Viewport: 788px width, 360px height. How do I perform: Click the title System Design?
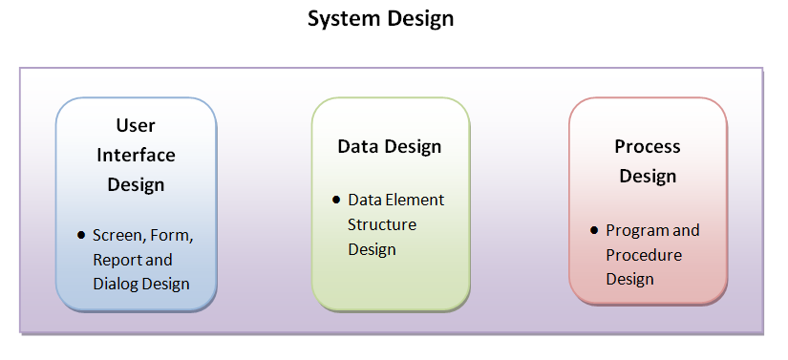coord(380,18)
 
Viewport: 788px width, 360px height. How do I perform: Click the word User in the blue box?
coord(136,125)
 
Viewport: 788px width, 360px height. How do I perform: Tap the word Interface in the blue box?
coord(136,155)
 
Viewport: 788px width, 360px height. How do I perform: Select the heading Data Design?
coord(390,146)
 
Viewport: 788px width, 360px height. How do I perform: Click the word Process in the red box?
coord(648,146)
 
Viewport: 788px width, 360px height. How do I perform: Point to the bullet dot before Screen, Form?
coord(81,235)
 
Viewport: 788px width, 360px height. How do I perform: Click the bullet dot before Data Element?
coord(336,200)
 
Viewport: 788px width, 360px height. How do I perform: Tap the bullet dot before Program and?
coord(594,230)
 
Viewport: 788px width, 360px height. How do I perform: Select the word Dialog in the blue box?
coord(115,284)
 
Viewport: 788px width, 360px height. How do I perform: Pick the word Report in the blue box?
coord(117,260)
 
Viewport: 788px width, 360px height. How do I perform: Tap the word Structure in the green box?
coord(382,224)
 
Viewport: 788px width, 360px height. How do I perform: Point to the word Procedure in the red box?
coord(644,255)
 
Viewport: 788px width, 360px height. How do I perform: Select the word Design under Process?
coord(648,176)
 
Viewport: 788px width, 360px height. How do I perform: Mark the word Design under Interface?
coord(136,184)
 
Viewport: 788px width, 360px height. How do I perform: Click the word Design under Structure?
coord(373,249)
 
